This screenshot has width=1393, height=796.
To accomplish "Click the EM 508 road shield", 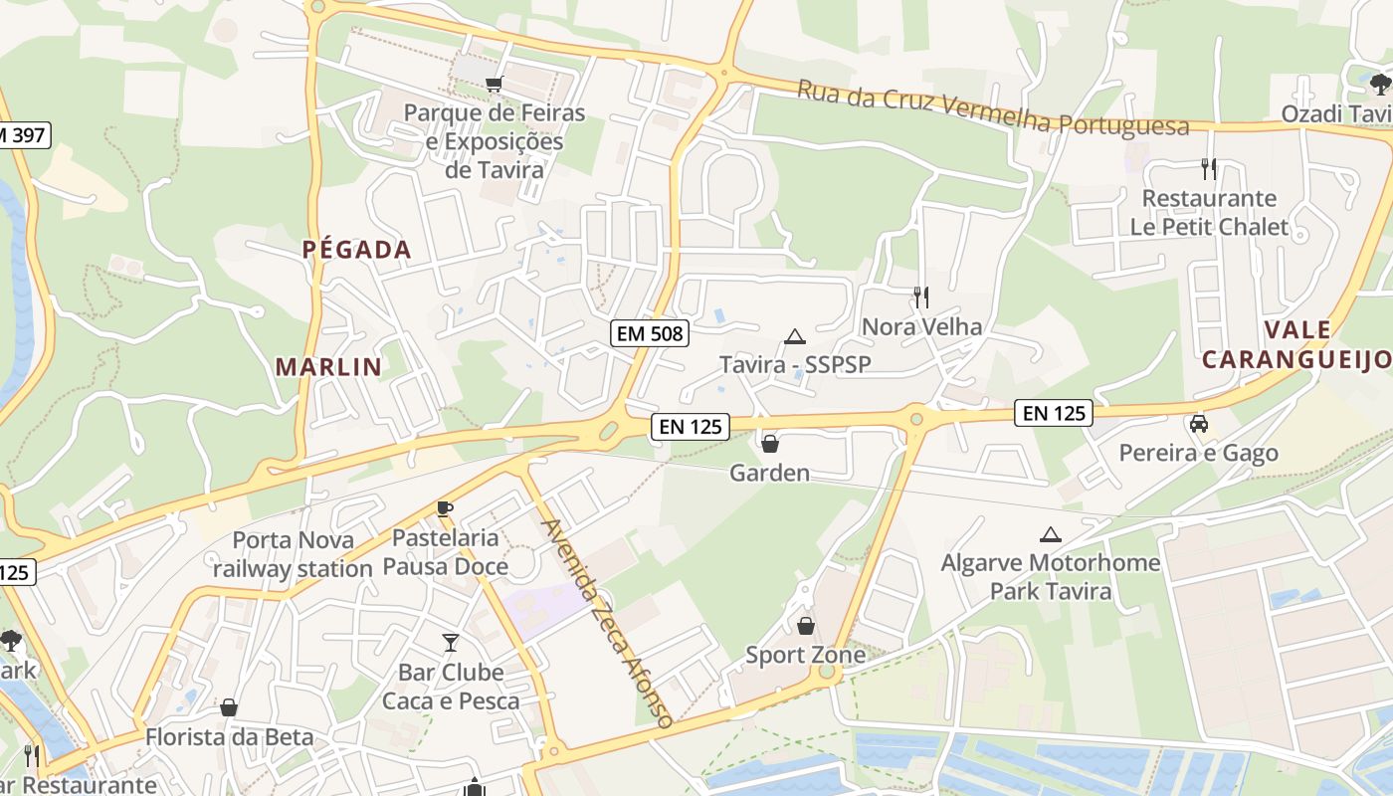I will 651,333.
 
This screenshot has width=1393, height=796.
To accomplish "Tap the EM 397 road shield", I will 22,135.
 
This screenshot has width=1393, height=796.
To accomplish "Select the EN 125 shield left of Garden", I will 691,427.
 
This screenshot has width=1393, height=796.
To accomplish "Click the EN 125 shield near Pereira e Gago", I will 1054,412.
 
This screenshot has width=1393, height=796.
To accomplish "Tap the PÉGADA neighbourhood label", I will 357,250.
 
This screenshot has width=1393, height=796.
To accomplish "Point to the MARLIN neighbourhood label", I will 328,366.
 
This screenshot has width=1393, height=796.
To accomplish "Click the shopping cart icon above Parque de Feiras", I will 494,85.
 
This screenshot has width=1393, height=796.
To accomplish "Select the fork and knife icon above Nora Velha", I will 921,297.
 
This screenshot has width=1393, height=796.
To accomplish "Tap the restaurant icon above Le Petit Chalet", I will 1209,168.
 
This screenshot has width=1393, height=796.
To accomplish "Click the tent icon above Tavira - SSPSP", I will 794,336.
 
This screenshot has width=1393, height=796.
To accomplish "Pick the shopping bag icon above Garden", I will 769,443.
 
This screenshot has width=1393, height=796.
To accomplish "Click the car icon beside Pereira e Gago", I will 1199,424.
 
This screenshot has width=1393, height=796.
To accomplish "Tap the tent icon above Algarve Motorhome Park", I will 1050,534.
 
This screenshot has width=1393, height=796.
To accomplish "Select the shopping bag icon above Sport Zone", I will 805,626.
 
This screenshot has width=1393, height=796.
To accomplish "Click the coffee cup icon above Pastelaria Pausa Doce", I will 445,509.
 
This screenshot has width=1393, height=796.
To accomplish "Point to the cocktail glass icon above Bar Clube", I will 451,643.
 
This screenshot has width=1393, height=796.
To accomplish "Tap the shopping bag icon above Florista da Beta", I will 229,707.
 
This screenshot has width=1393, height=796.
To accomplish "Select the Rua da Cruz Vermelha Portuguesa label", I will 992,106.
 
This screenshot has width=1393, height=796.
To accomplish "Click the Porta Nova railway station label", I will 293,554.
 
